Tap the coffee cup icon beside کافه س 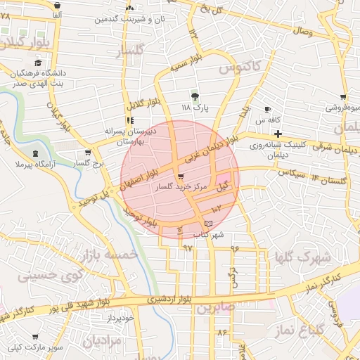coord(267,110)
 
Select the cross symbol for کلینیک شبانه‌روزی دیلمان coord(278,134)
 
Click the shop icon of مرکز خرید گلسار coord(181,177)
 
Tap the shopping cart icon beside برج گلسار coord(87,153)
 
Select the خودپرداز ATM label coord(117,318)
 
